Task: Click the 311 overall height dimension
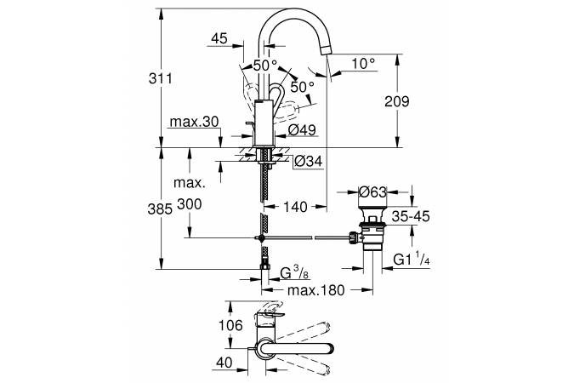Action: pos(161,79)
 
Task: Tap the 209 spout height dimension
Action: pos(397,101)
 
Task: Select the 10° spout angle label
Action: pos(364,64)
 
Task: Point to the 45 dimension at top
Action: pos(219,38)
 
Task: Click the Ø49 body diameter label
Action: pos(302,129)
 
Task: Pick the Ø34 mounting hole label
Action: pos(309,161)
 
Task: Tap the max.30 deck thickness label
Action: pos(194,122)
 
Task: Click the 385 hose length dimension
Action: pos(160,209)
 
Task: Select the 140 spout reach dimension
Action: pos(295,207)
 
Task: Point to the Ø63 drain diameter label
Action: pos(372,191)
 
